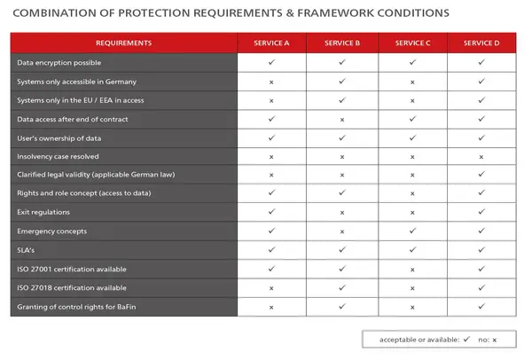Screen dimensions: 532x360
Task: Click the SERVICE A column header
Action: click(x=271, y=43)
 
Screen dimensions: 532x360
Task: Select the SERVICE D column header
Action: click(x=481, y=43)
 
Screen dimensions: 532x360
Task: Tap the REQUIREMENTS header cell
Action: click(x=124, y=43)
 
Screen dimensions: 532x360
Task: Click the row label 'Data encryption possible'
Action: click(x=59, y=63)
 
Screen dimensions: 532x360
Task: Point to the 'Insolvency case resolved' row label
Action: click(x=58, y=156)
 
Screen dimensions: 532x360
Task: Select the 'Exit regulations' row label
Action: click(x=43, y=212)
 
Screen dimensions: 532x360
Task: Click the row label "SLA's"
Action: click(x=26, y=250)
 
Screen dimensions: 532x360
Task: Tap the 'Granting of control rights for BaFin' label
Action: click(x=76, y=307)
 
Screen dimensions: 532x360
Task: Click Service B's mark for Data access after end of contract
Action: click(x=342, y=120)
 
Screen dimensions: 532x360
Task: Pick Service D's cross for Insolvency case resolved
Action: click(x=481, y=157)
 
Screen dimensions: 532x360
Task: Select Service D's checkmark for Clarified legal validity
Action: click(x=481, y=174)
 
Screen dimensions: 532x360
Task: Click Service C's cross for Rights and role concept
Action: click(x=412, y=193)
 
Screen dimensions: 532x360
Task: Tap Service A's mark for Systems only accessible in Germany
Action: click(x=271, y=82)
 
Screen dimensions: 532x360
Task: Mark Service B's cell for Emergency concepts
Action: click(x=342, y=231)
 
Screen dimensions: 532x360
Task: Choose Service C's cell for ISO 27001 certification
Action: click(x=412, y=270)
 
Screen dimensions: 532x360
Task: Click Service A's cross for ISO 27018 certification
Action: click(x=271, y=288)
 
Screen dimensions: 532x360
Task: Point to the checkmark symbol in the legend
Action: click(x=467, y=339)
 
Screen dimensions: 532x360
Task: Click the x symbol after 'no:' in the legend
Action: click(x=495, y=340)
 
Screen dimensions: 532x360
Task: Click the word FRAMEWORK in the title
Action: click(x=336, y=13)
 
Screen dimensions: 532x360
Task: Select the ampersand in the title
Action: click(x=290, y=13)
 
